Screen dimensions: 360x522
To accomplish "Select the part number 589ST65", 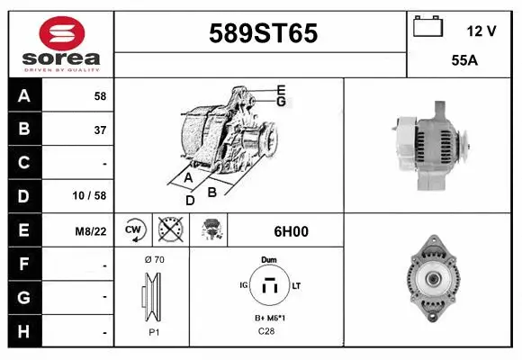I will point(263,34).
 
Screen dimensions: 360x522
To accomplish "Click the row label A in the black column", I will point(24,96).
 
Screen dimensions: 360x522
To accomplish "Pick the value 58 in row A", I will point(100,95).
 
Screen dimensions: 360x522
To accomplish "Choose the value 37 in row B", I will point(100,130).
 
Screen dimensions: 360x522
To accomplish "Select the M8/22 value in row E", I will point(92,231).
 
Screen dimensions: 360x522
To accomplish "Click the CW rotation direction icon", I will point(134,230).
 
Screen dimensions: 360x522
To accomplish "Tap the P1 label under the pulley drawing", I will point(153,331).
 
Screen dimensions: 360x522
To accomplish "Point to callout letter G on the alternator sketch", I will point(281,102).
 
